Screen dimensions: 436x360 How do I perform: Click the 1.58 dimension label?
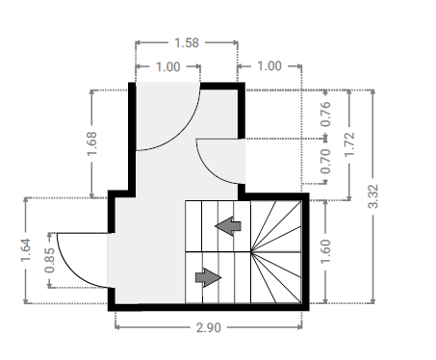tap(187, 42)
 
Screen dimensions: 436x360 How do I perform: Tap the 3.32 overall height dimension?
tap(373, 196)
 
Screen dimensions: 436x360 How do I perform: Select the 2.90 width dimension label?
tap(209, 327)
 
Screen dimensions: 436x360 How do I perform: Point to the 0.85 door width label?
tap(50, 261)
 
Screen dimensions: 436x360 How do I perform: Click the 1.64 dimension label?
tap(26, 250)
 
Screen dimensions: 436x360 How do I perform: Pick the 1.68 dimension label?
tap(91, 143)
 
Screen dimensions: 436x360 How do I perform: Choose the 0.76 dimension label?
tap(325, 114)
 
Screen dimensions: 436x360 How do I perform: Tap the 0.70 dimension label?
tap(325, 162)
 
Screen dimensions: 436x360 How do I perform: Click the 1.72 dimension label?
tap(349, 144)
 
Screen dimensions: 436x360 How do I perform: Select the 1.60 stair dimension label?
tap(325, 251)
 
